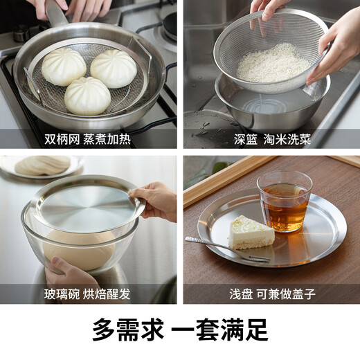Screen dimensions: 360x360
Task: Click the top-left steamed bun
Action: (x=64, y=67)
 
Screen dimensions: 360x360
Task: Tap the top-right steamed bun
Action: (x=114, y=69)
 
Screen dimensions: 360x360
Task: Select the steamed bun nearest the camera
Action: (x=87, y=96)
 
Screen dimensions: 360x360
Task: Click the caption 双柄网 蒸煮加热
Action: (x=89, y=138)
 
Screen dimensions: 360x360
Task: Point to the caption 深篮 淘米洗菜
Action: (x=271, y=138)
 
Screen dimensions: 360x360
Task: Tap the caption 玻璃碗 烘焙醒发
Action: (x=89, y=294)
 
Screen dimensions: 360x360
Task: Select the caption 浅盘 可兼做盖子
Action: (x=271, y=294)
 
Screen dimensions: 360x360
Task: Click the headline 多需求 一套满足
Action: (x=180, y=329)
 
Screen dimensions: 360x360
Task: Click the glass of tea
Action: (x=284, y=201)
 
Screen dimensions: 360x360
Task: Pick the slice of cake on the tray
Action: (x=251, y=232)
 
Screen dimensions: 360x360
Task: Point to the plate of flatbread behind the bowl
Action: (x=42, y=166)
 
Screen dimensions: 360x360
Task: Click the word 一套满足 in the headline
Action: (x=224, y=329)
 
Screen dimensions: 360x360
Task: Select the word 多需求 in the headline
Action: (x=123, y=329)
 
